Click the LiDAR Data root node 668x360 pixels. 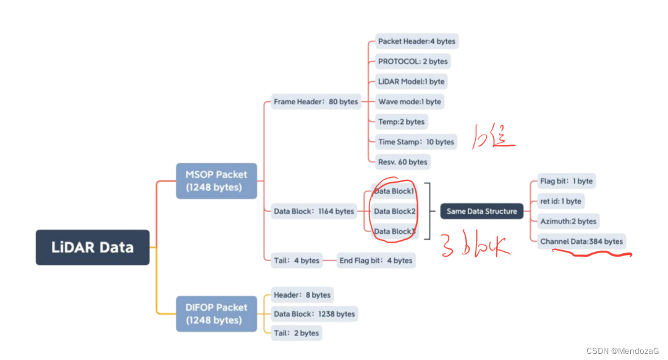93,247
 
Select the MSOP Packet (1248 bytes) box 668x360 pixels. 216,181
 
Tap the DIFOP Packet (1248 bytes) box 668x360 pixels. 216,314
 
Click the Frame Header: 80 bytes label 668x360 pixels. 316,101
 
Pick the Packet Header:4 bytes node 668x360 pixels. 416,41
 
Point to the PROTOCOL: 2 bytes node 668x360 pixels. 413,61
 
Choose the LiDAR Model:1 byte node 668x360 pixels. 411,82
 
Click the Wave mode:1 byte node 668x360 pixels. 410,101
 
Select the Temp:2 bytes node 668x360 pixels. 402,122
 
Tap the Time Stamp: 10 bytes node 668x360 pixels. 416,141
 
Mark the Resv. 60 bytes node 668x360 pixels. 403,162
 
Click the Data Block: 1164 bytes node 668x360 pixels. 314,211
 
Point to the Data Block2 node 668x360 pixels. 394,211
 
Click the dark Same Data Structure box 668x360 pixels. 481,211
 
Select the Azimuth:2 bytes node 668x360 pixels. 568,221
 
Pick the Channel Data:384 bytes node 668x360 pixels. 581,241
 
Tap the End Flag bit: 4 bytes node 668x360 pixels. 376,261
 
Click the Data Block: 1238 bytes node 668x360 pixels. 315,314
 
